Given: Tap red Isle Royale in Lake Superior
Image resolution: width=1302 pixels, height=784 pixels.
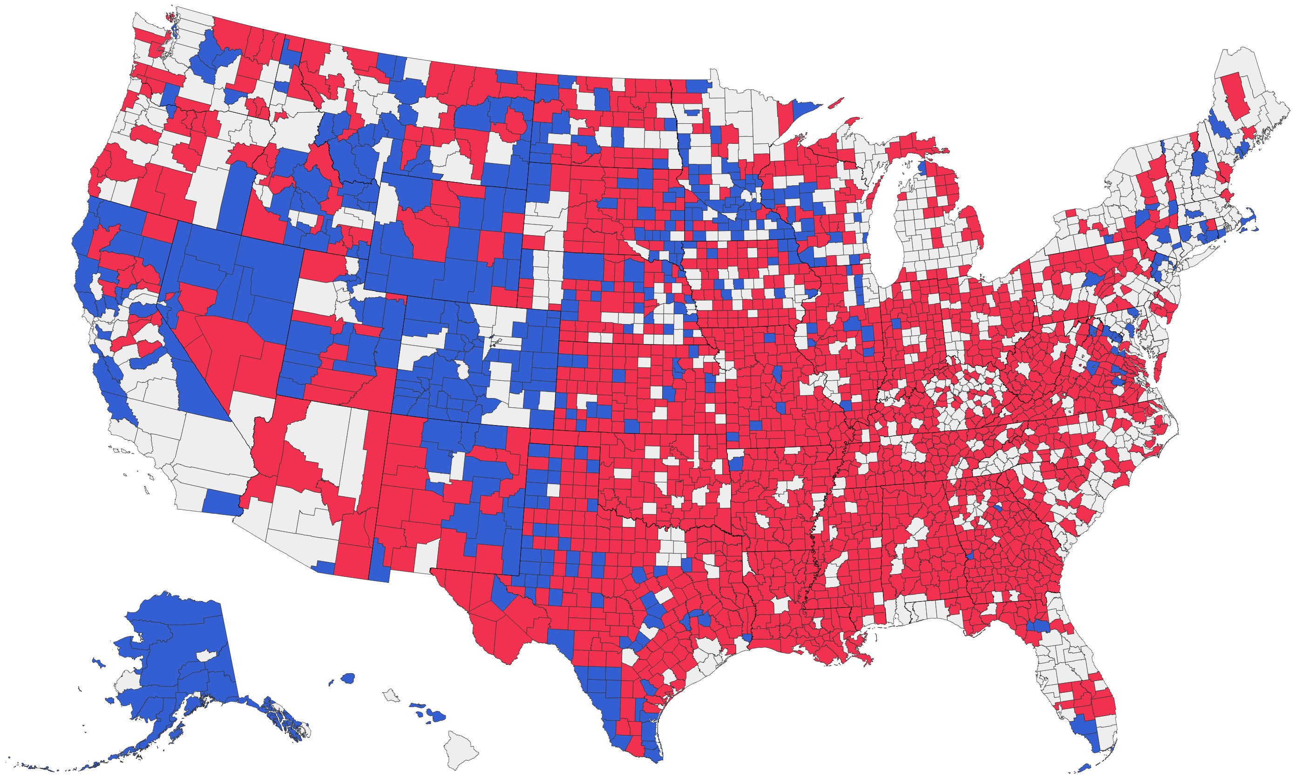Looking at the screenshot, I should pos(835,102).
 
